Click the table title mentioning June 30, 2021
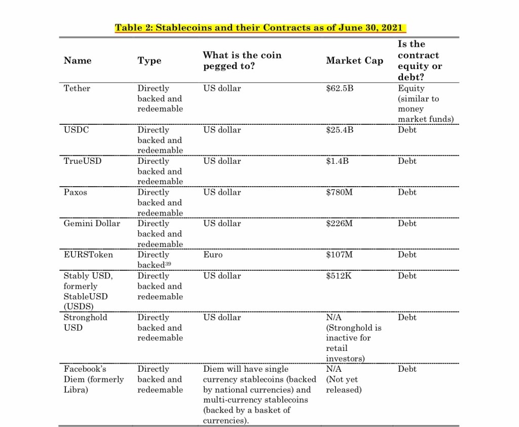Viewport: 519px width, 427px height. pyautogui.click(x=261, y=27)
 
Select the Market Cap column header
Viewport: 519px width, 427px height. pyautogui.click(x=354, y=60)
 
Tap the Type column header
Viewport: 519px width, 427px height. pyautogui.click(x=149, y=60)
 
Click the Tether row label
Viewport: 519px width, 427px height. pyautogui.click(x=77, y=88)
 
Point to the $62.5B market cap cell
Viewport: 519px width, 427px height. pyautogui.click(x=340, y=88)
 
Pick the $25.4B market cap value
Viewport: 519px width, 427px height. pyautogui.click(x=340, y=130)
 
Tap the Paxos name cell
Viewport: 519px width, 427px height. pyautogui.click(x=75, y=192)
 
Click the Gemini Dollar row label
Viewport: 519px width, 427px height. pyautogui.click(x=92, y=223)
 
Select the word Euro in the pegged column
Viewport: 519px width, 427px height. pyautogui.click(x=213, y=255)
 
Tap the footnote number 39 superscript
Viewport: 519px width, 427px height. pyautogui.click(x=172, y=263)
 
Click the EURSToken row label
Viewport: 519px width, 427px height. pyautogui.click(x=88, y=255)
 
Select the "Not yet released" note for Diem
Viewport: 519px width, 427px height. pyautogui.click(x=344, y=384)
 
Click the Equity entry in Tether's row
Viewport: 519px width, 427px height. pyautogui.click(x=411, y=88)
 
